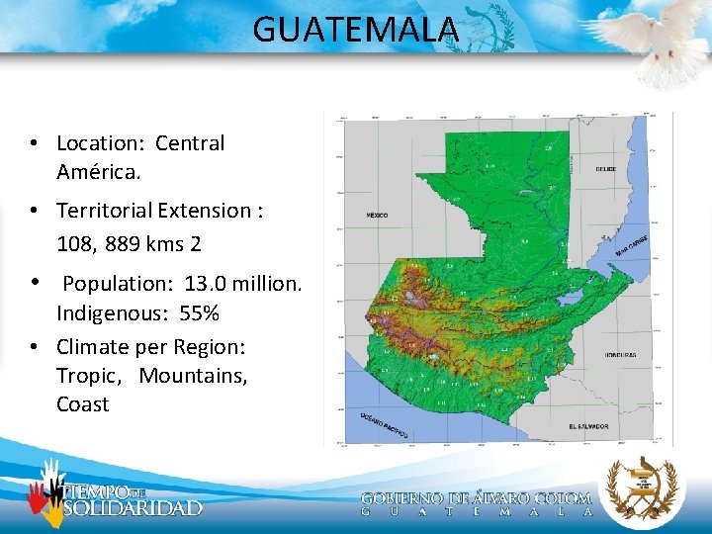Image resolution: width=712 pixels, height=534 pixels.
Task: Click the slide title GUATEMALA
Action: [356, 30]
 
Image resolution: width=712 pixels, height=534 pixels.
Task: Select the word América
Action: [99, 172]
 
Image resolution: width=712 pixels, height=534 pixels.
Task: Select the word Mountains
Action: [193, 376]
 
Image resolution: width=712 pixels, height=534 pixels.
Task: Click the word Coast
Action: [82, 404]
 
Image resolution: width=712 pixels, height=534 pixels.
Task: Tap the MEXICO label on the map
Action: [377, 215]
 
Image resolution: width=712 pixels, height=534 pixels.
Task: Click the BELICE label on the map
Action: [606, 169]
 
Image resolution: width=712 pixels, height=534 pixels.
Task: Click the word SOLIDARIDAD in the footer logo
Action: [133, 508]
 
